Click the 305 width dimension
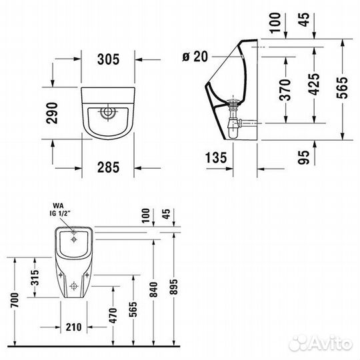pyautogui.click(x=109, y=59)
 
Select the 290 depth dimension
pyautogui.click(x=52, y=113)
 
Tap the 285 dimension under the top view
pyautogui.click(x=109, y=167)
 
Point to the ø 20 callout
pyautogui.click(x=195, y=57)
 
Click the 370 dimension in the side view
pyautogui.click(x=285, y=90)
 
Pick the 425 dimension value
pyautogui.click(x=314, y=84)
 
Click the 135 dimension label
pyautogui.click(x=216, y=158)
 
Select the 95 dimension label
pyautogui.click(x=303, y=157)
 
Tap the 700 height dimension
pyautogui.click(x=15, y=300)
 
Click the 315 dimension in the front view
pyautogui.click(x=35, y=277)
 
